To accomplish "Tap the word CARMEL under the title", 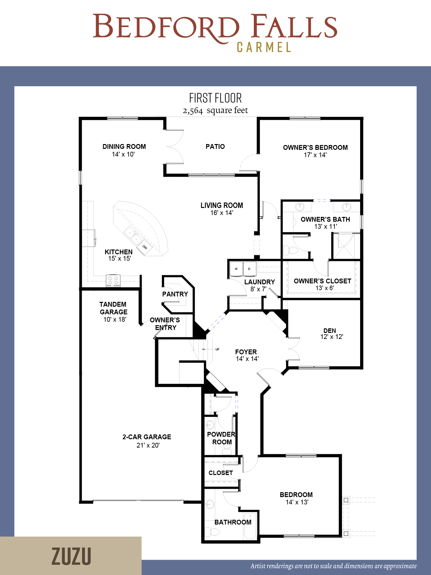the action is pyautogui.click(x=264, y=48).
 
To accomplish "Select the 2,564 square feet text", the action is pyautogui.click(x=215, y=111).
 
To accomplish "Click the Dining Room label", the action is pyautogui.click(x=124, y=147).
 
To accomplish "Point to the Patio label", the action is pyautogui.click(x=215, y=147).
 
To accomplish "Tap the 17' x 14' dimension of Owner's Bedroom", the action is pyautogui.click(x=315, y=155).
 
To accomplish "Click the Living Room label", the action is pyautogui.click(x=222, y=205).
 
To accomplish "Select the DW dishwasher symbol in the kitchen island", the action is pyautogui.click(x=145, y=247).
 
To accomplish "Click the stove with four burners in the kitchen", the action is pyautogui.click(x=113, y=280).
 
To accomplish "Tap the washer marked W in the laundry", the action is pyautogui.click(x=236, y=269).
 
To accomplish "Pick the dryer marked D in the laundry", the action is pyautogui.click(x=249, y=269).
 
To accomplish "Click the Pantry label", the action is pyautogui.click(x=175, y=294).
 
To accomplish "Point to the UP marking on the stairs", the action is pyautogui.click(x=217, y=349).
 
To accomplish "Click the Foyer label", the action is pyautogui.click(x=246, y=352).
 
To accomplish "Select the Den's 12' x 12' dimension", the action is pyautogui.click(x=332, y=337).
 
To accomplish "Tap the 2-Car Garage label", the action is pyautogui.click(x=147, y=437).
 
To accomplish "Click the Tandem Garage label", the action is pyautogui.click(x=113, y=308).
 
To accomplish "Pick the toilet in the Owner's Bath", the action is pyautogui.click(x=290, y=250).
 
